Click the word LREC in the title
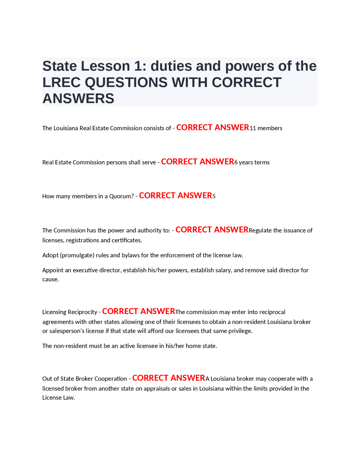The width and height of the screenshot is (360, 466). [62, 82]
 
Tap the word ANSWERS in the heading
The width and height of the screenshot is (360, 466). [78, 98]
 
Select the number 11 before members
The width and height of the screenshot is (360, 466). [253, 128]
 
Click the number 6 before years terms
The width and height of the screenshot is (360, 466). [236, 162]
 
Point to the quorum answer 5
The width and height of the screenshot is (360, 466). [214, 196]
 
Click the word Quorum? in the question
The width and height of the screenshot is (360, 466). [121, 196]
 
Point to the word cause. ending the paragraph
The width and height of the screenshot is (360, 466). [50, 279]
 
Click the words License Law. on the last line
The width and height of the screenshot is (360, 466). [58, 398]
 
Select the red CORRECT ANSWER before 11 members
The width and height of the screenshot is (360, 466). [213, 128]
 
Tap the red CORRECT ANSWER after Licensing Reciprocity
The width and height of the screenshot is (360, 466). [138, 312]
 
